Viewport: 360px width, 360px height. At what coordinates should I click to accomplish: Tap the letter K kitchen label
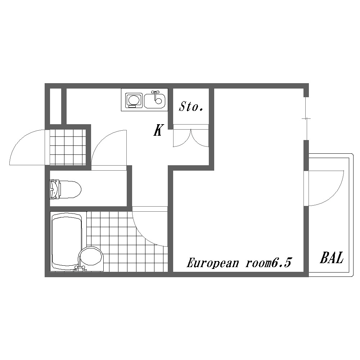click(x=158, y=130)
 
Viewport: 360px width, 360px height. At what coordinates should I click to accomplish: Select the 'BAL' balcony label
click(x=332, y=258)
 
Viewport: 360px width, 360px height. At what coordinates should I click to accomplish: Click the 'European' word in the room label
click(x=212, y=263)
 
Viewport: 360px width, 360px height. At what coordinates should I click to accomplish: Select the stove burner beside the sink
click(x=133, y=100)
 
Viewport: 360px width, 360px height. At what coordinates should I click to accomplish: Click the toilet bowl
click(x=70, y=189)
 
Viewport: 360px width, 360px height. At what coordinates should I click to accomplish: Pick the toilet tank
click(x=54, y=189)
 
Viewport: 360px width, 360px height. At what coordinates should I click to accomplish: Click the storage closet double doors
click(x=191, y=139)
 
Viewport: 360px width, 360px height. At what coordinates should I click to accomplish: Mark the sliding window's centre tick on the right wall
click(x=306, y=118)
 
